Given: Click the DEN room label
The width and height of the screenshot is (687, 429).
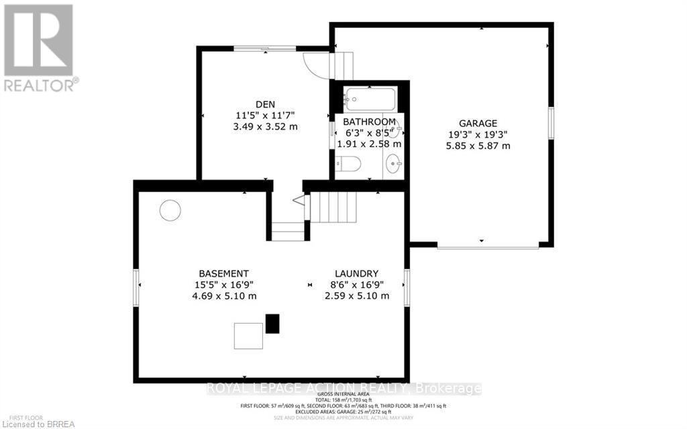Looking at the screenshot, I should [266, 104].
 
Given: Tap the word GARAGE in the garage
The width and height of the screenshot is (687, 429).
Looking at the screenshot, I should [478, 123].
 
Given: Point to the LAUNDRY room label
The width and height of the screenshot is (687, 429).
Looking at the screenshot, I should [357, 273].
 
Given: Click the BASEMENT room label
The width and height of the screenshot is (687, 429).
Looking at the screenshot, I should [224, 273].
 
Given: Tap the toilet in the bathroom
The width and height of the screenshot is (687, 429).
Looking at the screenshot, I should [349, 163].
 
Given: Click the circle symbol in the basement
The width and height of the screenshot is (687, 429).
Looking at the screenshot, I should [170, 211].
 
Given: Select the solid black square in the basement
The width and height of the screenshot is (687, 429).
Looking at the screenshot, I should [272, 324].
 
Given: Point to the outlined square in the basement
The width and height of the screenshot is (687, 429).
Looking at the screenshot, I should [248, 335].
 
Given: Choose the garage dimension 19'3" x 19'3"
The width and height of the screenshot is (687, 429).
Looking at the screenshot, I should [478, 134].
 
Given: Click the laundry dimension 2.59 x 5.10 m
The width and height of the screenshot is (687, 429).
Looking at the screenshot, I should [358, 296].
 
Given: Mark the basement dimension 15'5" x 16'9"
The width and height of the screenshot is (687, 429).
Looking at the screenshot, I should [224, 285].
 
